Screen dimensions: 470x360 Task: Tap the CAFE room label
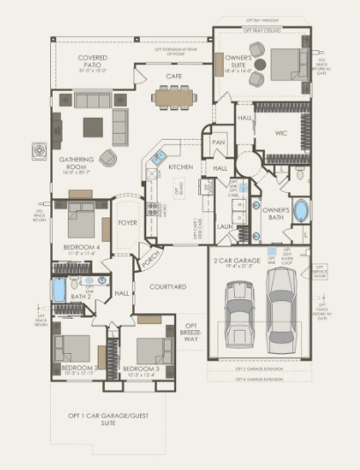[x=173, y=77]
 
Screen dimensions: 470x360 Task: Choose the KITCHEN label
[x=180, y=166]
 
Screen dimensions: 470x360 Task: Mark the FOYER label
[x=128, y=223]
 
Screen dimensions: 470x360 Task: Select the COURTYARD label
[x=166, y=287]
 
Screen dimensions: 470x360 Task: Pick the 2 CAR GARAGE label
[x=236, y=261]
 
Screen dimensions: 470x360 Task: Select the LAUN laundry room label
[x=224, y=226]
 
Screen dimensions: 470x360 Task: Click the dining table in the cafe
[x=173, y=98]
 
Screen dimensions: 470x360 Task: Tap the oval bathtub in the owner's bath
[x=301, y=212]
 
